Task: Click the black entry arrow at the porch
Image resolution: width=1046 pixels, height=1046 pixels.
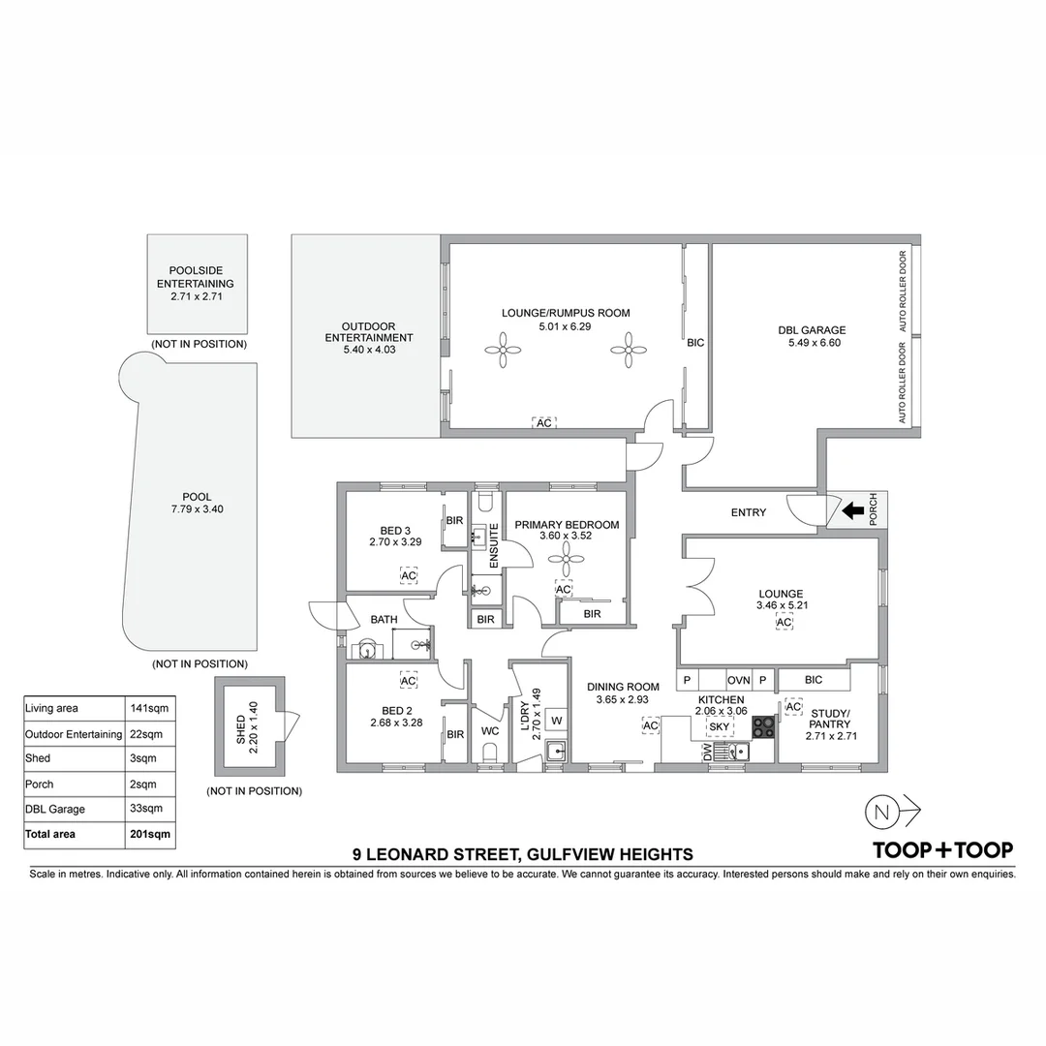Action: click(x=852, y=510)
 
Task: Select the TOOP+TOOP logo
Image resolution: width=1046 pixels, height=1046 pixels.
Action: click(x=942, y=849)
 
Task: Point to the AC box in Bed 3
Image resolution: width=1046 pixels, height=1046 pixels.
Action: click(x=409, y=575)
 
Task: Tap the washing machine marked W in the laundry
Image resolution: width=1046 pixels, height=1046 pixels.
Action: click(x=556, y=720)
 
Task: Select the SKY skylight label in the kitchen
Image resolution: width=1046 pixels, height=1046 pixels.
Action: click(x=720, y=726)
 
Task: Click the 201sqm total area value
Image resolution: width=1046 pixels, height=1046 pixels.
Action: click(x=150, y=834)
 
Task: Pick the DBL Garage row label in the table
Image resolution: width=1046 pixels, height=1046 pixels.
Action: click(x=55, y=809)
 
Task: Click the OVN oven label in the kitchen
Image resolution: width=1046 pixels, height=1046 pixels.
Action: click(x=738, y=681)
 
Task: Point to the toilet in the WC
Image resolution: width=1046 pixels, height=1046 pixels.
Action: click(x=490, y=754)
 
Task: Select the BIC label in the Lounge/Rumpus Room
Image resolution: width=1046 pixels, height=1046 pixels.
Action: click(x=694, y=343)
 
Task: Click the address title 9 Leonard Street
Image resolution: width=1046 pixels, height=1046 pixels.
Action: click(x=523, y=854)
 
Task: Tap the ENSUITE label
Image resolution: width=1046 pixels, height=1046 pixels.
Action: click(x=494, y=545)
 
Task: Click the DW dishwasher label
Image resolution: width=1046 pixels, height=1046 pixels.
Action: click(x=707, y=753)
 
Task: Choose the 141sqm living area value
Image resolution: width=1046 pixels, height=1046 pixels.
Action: click(x=150, y=708)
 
